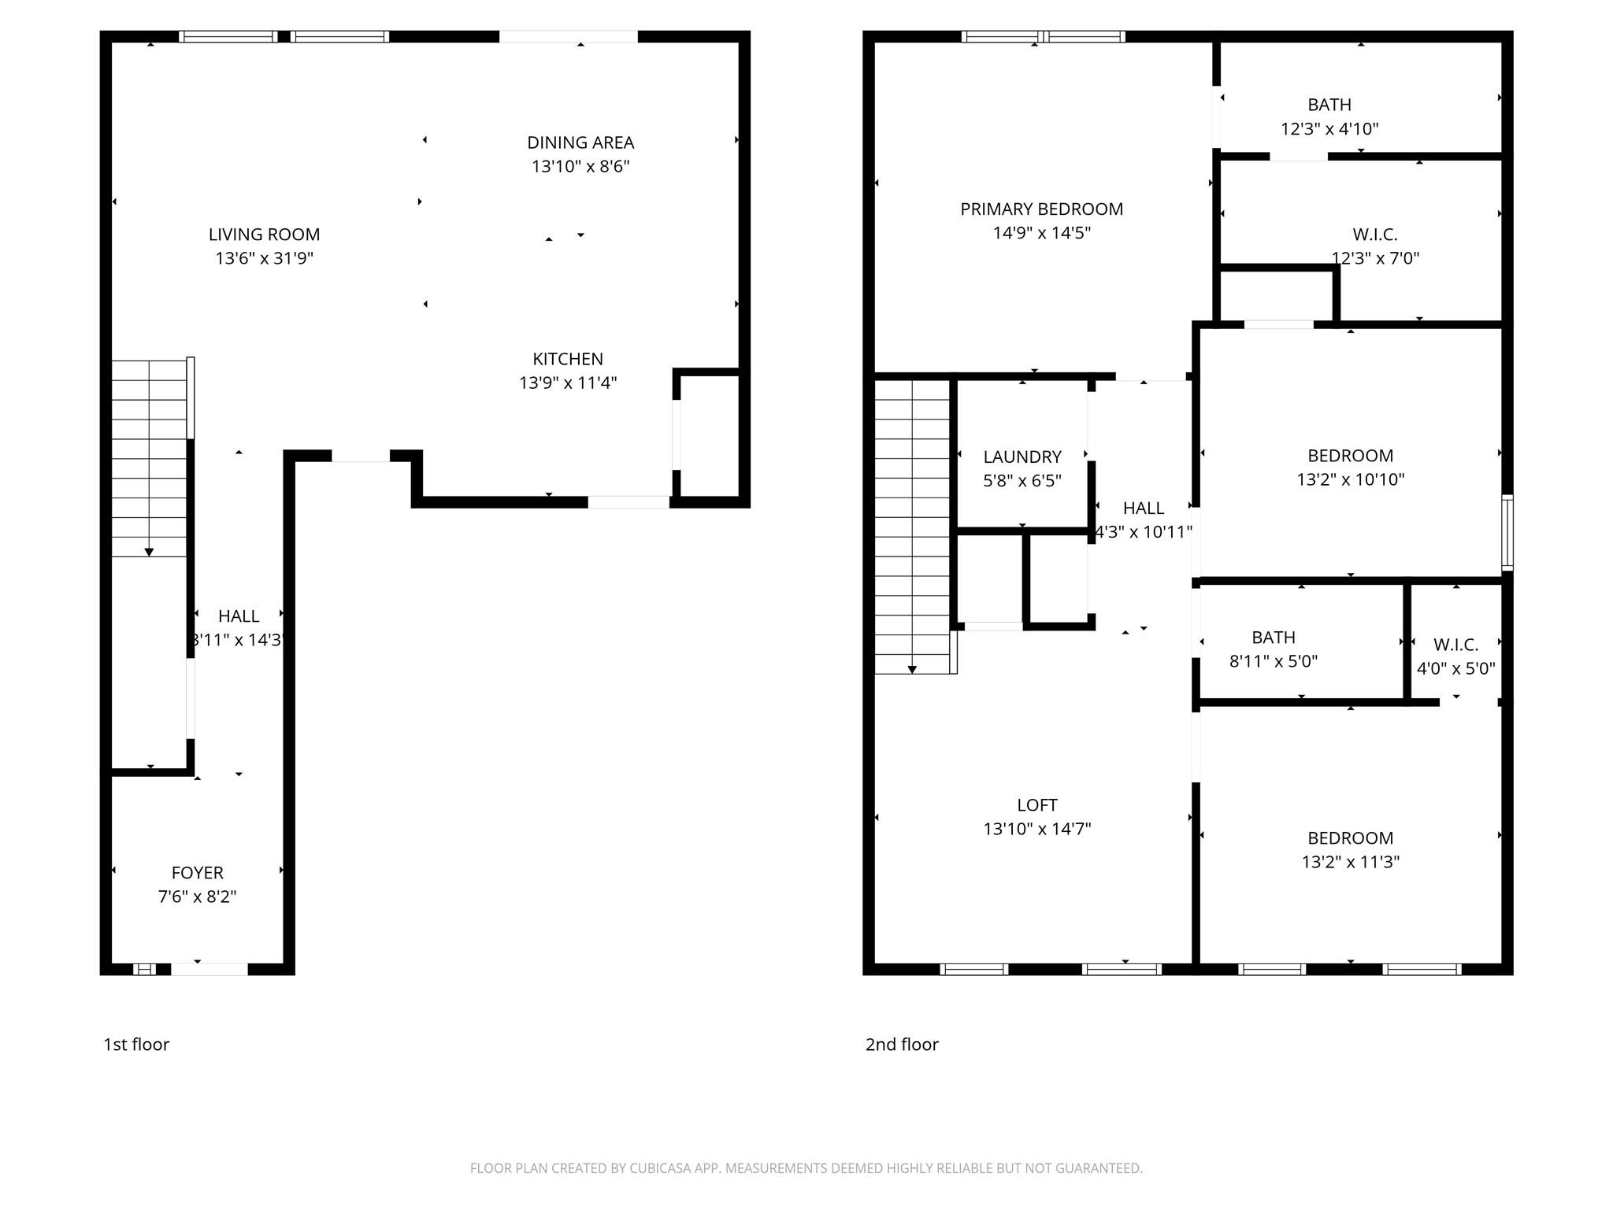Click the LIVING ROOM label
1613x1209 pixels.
(x=264, y=235)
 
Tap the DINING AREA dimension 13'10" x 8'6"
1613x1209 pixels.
(x=580, y=167)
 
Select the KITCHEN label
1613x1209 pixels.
(x=567, y=359)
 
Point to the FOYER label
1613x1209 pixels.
(x=197, y=872)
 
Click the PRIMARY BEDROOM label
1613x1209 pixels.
(x=1041, y=209)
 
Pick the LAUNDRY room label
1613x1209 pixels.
(x=1022, y=457)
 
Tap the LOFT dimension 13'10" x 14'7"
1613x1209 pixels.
(x=1036, y=829)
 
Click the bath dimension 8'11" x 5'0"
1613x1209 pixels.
(x=1273, y=661)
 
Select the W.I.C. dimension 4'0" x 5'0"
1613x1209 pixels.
(x=1455, y=669)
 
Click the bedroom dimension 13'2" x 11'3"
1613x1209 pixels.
(x=1350, y=862)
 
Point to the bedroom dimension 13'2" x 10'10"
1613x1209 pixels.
(x=1350, y=479)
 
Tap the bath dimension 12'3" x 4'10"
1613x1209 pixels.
(x=1329, y=129)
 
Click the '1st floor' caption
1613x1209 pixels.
(x=136, y=1044)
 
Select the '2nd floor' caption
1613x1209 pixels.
(x=902, y=1044)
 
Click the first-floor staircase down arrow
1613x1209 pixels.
(x=149, y=552)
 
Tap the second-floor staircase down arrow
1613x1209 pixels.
(x=912, y=669)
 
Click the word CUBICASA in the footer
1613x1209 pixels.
(x=660, y=1168)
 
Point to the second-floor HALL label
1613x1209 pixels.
(x=1143, y=508)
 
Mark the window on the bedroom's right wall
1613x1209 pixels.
(x=1507, y=532)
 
